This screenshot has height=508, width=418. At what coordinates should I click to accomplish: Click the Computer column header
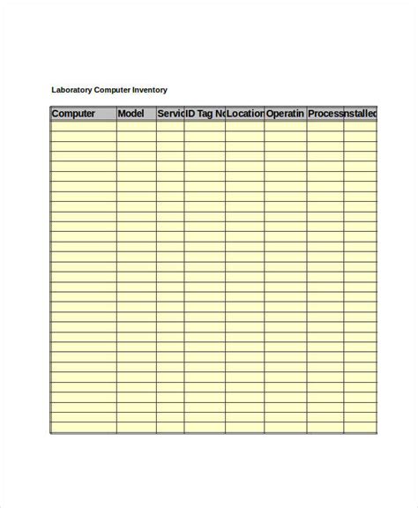pos(83,114)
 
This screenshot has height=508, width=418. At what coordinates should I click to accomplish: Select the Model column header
pos(136,114)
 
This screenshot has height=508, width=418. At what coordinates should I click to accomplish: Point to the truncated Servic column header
pos(170,114)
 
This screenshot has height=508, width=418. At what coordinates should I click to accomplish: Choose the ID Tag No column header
pos(205,114)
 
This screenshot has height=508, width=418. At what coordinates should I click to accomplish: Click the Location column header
pos(245,114)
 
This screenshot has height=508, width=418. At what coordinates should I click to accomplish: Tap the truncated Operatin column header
pos(286,114)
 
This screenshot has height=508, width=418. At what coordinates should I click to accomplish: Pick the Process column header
pos(325,114)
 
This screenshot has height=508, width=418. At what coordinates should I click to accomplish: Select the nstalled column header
pos(361,114)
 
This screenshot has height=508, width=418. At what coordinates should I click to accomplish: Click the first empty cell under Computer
pos(83,125)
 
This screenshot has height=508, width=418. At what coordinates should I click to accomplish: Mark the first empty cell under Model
pos(136,125)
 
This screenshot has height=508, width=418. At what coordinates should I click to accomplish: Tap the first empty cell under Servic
pos(170,125)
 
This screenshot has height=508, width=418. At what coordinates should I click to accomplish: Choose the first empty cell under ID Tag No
pos(205,125)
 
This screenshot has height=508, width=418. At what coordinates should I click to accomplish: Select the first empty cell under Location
pos(245,125)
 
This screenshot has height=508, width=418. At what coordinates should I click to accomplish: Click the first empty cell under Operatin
pos(286,125)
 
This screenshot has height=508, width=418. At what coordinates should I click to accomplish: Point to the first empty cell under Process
pos(325,125)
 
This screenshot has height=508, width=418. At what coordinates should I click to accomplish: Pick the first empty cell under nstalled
pos(361,125)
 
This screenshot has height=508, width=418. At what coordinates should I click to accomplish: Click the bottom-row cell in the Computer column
pos(83,429)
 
